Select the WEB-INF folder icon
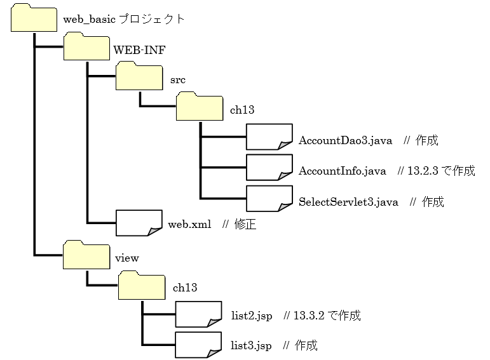coord(87,48)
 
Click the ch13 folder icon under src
coord(199,107)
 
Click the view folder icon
coord(87,255)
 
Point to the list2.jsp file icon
coord(198,314)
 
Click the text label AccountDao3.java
coord(345,140)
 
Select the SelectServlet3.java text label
coord(348,202)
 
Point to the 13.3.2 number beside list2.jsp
coord(309,316)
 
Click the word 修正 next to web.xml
coord(245,224)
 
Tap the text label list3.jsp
coord(251,345)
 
